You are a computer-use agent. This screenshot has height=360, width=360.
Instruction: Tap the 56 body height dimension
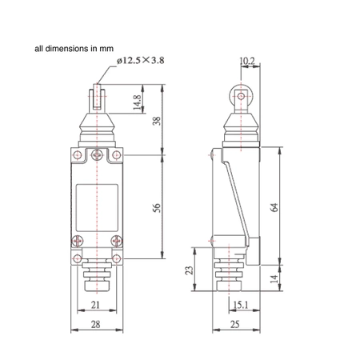(x=157, y=207)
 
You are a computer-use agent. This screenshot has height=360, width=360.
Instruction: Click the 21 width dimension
(x=94, y=305)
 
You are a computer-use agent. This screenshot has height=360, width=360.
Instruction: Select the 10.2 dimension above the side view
(x=248, y=60)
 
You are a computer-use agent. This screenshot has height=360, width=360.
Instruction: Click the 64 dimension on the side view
(x=274, y=206)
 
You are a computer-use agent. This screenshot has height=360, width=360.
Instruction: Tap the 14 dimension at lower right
(x=275, y=279)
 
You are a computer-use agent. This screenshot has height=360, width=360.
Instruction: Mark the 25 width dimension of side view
(x=237, y=324)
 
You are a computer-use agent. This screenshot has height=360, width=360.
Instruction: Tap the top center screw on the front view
(x=98, y=154)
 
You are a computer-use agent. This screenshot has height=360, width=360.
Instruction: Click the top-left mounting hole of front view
(x=77, y=155)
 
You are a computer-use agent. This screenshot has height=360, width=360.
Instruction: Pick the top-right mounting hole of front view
(x=118, y=155)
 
